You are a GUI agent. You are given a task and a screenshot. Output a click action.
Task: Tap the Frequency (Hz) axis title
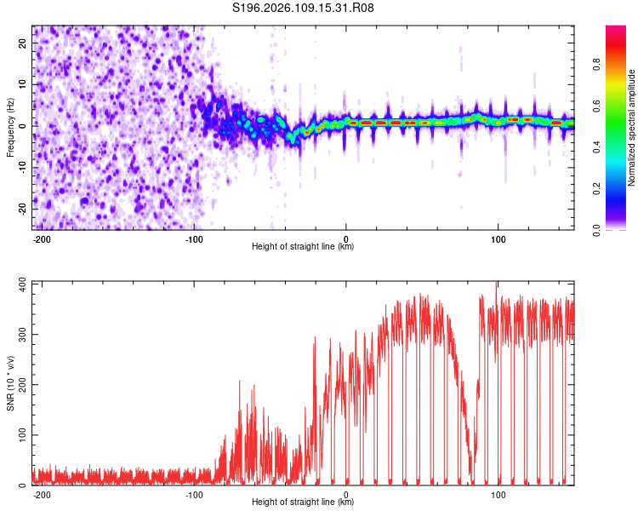click(10, 128)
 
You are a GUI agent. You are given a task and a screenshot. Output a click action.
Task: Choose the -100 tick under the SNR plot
click(194, 494)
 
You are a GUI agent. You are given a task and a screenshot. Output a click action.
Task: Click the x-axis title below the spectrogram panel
click(303, 247)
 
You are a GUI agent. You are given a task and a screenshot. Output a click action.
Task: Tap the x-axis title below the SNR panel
click(303, 502)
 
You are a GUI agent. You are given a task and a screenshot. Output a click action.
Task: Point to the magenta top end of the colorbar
click(617, 29)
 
